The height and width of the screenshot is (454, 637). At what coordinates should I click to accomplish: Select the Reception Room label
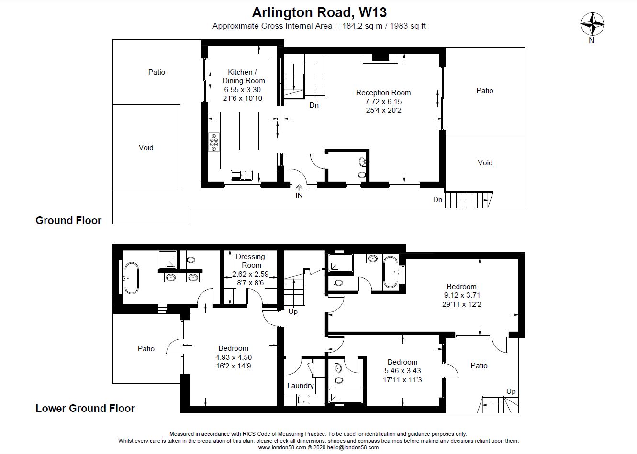383,93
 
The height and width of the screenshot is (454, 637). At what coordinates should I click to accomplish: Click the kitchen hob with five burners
213,142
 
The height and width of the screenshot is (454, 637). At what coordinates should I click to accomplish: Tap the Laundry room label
301,386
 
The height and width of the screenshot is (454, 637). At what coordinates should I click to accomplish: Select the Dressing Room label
251,261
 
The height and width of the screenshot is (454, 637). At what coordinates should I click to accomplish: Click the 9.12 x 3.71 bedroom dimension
462,295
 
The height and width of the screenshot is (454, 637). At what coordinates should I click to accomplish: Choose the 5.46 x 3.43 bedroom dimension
402,371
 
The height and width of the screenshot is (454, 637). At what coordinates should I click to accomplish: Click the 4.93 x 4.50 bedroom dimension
233,357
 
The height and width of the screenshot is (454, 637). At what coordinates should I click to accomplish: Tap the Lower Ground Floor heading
85,408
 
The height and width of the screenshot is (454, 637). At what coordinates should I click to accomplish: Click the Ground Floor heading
68,220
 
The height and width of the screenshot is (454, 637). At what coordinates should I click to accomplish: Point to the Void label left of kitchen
146,148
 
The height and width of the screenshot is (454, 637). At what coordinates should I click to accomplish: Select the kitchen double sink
241,175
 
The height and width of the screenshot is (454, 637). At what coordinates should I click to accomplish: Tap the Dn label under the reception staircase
314,105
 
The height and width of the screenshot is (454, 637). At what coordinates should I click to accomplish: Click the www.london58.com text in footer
281,448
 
